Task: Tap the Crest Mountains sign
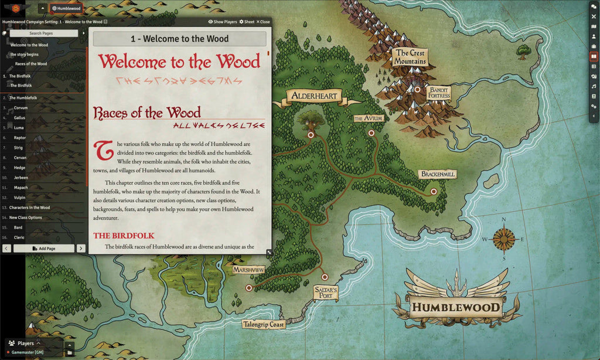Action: click(x=410, y=57)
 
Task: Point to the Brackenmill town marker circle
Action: click(x=434, y=191)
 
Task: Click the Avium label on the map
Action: click(x=369, y=118)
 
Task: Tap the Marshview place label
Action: click(x=248, y=270)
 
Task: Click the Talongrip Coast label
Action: click(x=263, y=324)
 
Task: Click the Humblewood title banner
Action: click(x=455, y=307)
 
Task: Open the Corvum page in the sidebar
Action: click(x=21, y=108)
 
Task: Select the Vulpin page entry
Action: click(x=21, y=198)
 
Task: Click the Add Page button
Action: click(x=44, y=249)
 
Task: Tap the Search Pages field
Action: click(x=43, y=33)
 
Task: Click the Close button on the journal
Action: click(x=263, y=22)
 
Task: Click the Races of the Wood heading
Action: click(x=146, y=113)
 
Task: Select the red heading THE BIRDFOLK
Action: click(x=123, y=236)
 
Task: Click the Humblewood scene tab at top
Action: click(x=66, y=8)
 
